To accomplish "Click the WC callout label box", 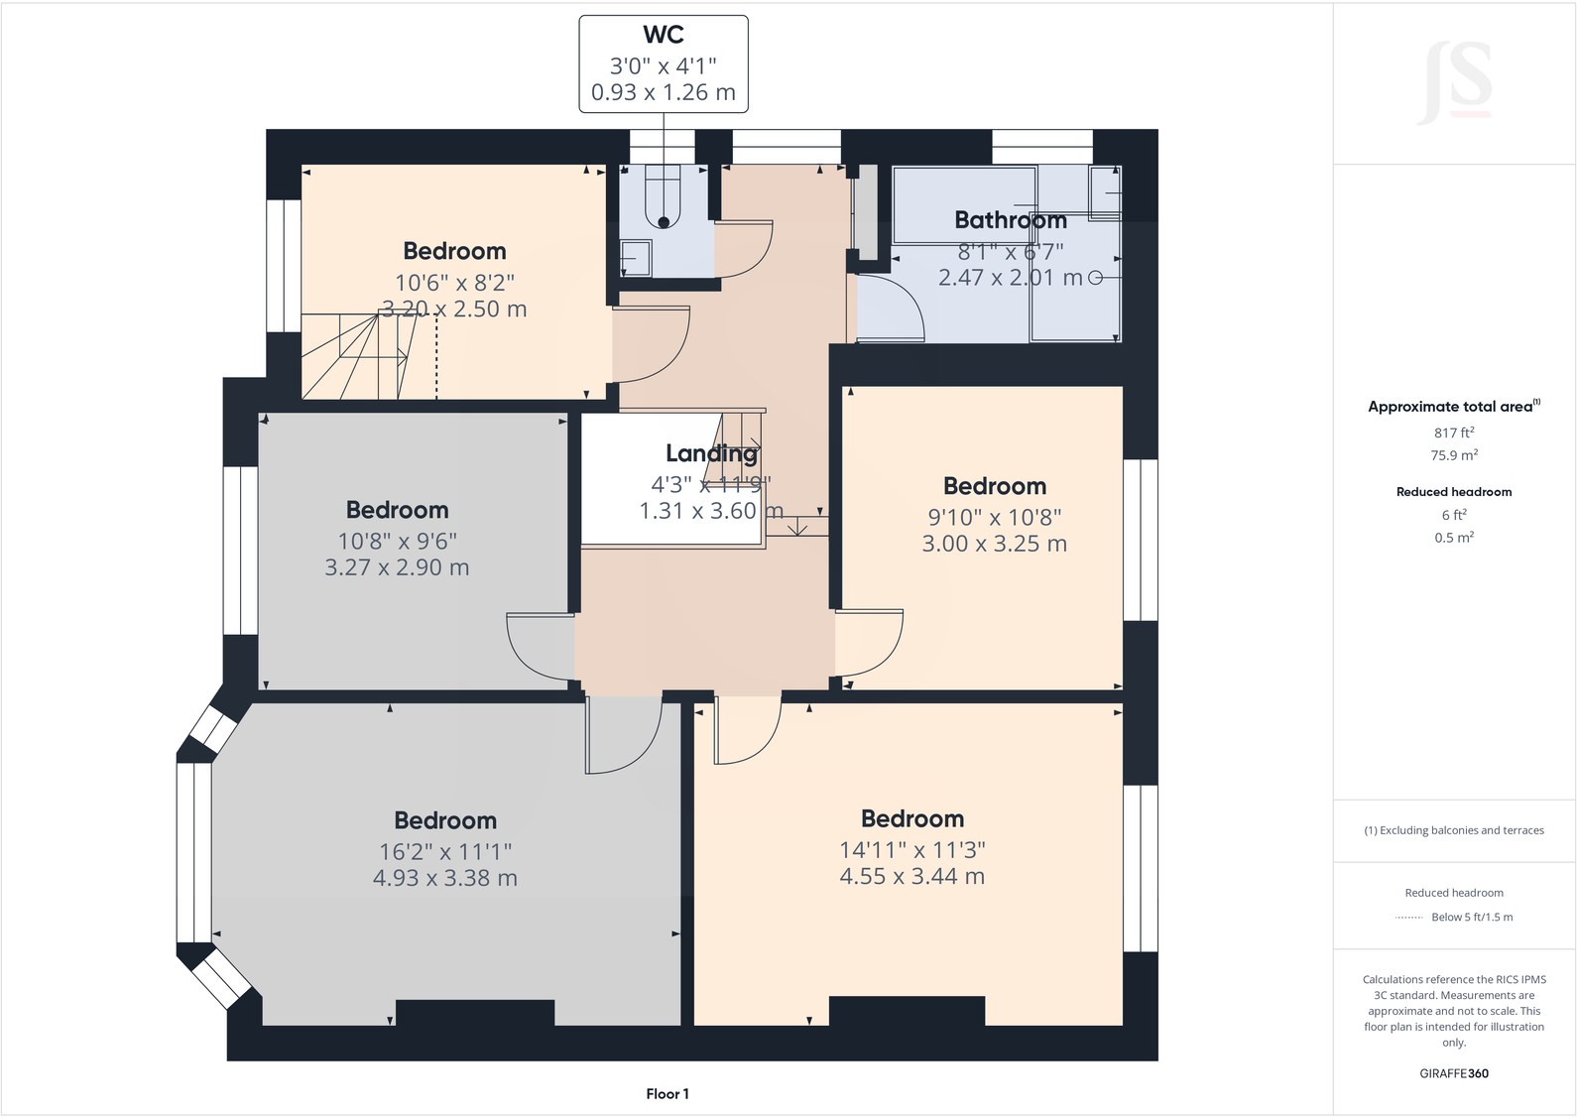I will click(x=663, y=63).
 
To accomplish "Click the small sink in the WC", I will click(x=635, y=259).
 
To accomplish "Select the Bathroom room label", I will click(x=1010, y=220).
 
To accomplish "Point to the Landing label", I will click(x=711, y=453).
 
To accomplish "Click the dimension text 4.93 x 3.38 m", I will click(x=444, y=878).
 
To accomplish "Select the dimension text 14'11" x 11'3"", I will click(x=911, y=850).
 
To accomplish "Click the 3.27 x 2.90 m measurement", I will click(x=397, y=567).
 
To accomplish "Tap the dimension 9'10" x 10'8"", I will click(x=994, y=517).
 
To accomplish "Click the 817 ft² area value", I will click(x=1453, y=433).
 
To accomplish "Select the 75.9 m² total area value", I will click(x=1453, y=455).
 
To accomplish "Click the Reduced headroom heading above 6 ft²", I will click(x=1453, y=492).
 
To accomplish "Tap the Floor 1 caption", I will click(x=667, y=1094).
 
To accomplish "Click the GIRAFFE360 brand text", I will click(x=1453, y=1073).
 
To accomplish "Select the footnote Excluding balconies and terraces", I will click(x=1453, y=830).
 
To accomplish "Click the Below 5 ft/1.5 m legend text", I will click(x=1472, y=917).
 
